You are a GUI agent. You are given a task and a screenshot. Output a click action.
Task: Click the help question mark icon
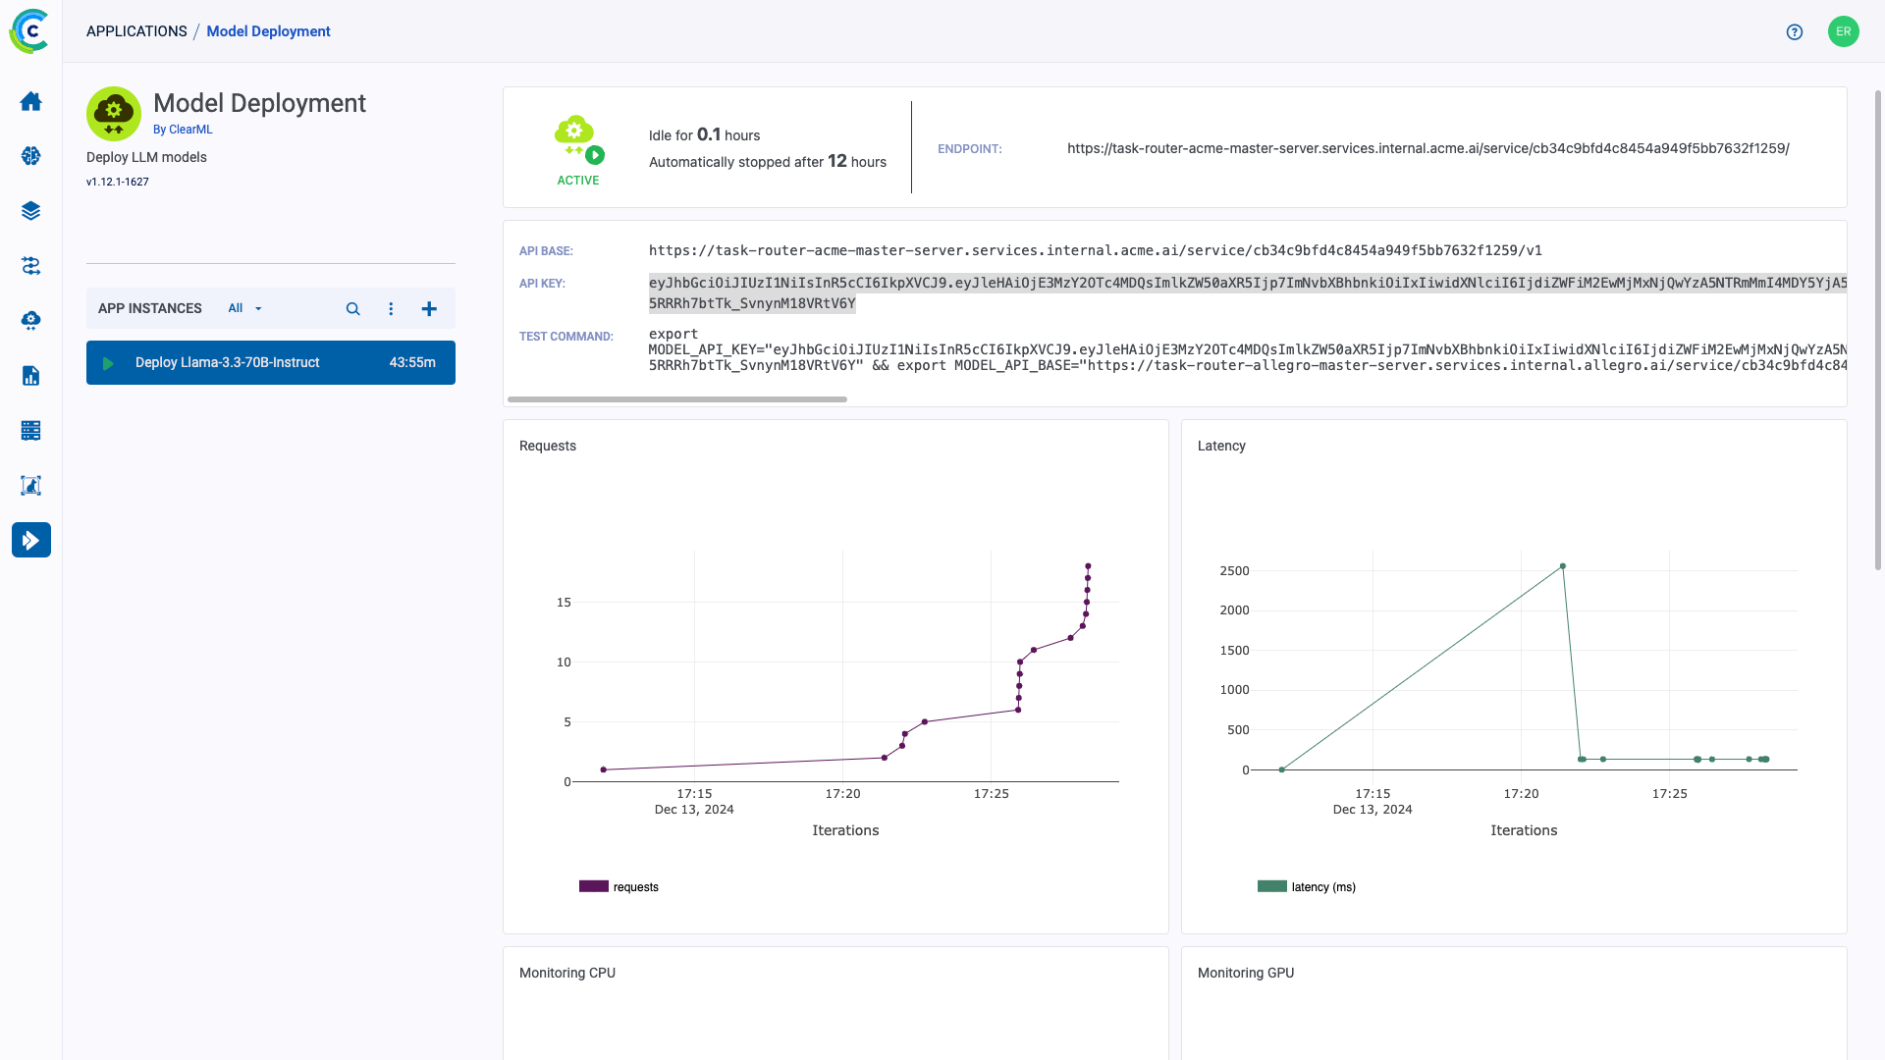point(1795,31)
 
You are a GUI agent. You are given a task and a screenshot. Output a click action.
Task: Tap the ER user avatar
point(1844,31)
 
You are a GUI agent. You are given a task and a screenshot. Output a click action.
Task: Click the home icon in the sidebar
point(31,101)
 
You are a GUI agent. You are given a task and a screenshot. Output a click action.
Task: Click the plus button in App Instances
point(429,308)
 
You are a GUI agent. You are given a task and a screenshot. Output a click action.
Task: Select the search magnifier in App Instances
point(352,308)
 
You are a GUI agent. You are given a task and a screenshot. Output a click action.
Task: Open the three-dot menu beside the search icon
point(391,308)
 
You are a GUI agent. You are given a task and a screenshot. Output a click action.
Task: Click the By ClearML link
point(183,130)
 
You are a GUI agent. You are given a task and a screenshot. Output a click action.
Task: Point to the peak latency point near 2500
point(1563,566)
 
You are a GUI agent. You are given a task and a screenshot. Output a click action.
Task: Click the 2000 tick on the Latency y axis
point(1235,610)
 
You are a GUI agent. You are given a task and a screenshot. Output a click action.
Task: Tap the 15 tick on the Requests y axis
point(564,603)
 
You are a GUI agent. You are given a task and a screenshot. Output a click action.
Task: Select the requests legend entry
point(619,887)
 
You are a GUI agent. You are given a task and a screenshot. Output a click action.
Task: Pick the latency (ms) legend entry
point(1307,887)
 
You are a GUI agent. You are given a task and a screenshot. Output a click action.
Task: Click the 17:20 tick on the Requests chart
point(842,794)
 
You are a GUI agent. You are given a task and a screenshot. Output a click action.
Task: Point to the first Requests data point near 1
point(604,769)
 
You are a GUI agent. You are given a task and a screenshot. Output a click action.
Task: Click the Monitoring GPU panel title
point(1246,973)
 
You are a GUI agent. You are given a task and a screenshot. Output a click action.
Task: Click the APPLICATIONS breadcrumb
point(136,31)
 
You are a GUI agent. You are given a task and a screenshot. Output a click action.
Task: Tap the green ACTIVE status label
point(578,181)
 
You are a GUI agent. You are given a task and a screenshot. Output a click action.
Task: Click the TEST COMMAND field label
point(566,337)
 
